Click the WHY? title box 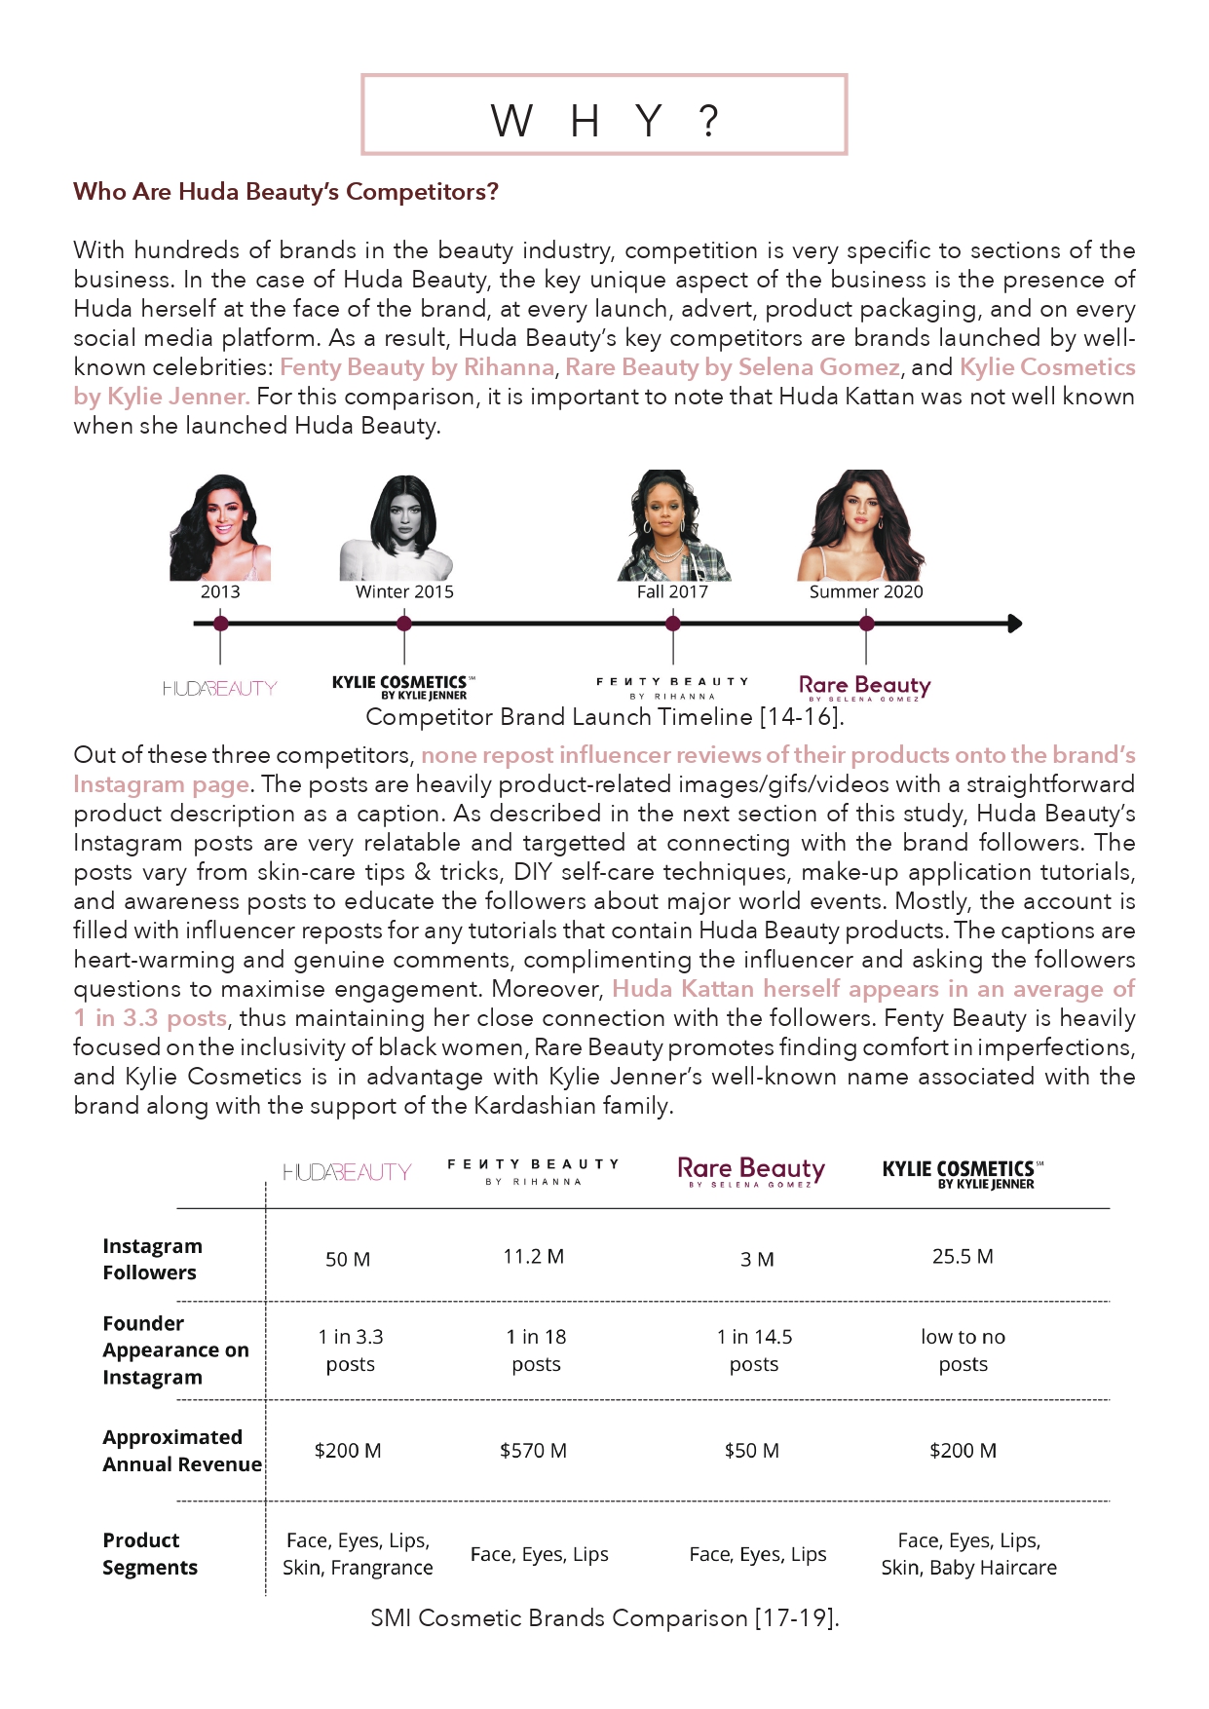coord(604,115)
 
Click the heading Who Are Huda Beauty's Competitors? coord(285,192)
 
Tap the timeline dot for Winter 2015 coord(404,624)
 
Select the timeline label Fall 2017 coord(672,591)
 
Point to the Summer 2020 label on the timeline coord(866,591)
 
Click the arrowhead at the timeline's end coord(1014,624)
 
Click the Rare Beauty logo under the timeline coord(864,688)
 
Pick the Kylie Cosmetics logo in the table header coord(962,1173)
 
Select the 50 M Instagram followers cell coord(348,1259)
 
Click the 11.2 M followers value coord(533,1257)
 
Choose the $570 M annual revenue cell coord(533,1451)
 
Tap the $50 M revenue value coord(752,1451)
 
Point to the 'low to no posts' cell coord(963,1350)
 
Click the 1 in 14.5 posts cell coord(754,1350)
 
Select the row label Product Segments coord(150,1554)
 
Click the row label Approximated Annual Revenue coord(181,1451)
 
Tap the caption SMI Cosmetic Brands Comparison coord(604,1618)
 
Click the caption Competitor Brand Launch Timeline coord(604,717)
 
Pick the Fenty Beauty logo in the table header coord(533,1172)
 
